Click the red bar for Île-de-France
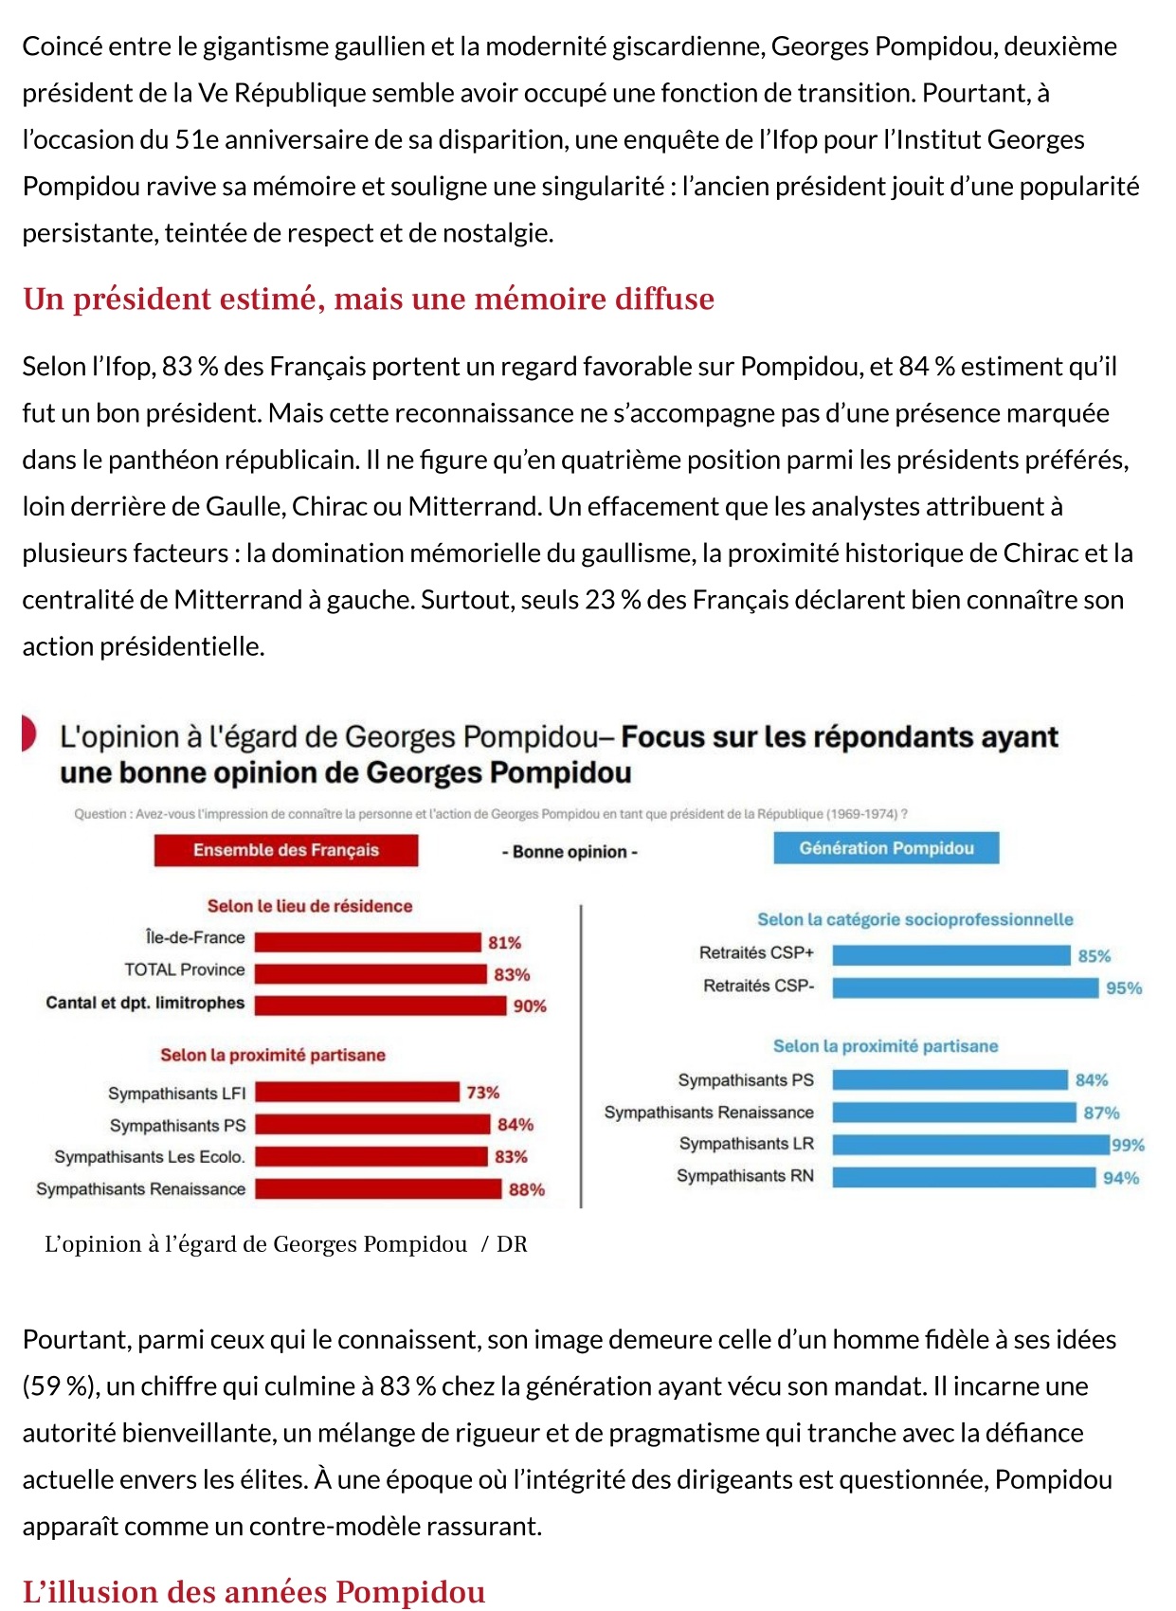point(368,942)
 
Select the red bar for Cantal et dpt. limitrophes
point(381,1005)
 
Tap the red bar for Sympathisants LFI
point(356,1092)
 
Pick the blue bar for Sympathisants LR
point(971,1144)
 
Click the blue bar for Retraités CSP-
point(966,987)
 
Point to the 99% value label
point(1128,1145)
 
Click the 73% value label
point(482,1093)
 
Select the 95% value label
point(1124,988)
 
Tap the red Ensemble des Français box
point(286,850)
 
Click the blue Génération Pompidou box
point(886,848)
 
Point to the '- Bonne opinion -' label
point(570,852)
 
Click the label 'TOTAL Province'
point(185,969)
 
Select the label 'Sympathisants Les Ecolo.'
point(150,1156)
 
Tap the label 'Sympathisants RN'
point(745,1176)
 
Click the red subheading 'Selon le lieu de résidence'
point(310,906)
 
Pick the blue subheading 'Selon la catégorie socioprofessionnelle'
point(914,919)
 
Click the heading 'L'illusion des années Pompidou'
point(254,1591)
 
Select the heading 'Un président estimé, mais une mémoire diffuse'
point(369,299)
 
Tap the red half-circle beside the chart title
point(28,733)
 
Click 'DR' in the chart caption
point(512,1244)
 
